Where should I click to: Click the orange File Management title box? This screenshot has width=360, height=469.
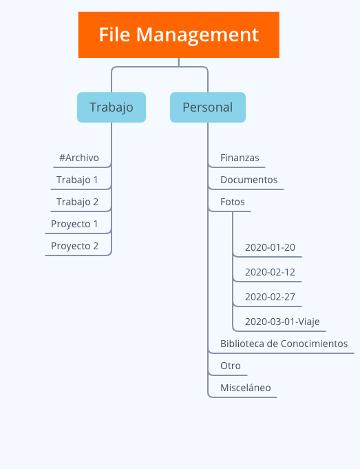click(x=179, y=34)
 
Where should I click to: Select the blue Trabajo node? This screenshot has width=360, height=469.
click(x=112, y=107)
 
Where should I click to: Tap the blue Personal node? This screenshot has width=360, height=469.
click(x=208, y=107)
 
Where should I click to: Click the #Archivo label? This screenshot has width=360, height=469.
click(x=79, y=158)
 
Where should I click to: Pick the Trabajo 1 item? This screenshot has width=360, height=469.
click(x=77, y=180)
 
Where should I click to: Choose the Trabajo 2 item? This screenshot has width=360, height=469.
click(x=78, y=202)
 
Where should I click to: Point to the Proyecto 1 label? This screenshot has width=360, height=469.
click(x=74, y=224)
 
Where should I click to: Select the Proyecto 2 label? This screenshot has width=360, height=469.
click(x=75, y=246)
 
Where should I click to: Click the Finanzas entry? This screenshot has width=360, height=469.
click(x=240, y=158)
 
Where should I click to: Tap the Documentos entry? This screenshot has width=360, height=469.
click(x=248, y=180)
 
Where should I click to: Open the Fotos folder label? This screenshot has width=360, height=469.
click(x=233, y=202)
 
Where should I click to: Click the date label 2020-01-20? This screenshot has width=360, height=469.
click(x=270, y=247)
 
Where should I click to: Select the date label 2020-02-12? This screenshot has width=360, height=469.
click(x=270, y=272)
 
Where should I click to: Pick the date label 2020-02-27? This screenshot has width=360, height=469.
click(x=270, y=297)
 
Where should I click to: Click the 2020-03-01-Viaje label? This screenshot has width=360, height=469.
click(x=282, y=322)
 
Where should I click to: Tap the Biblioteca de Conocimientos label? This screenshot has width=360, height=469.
click(x=284, y=344)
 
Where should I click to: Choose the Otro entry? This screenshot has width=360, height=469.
click(x=231, y=366)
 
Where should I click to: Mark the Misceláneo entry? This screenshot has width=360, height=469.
click(x=246, y=388)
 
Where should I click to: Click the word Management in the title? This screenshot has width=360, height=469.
click(x=198, y=35)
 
